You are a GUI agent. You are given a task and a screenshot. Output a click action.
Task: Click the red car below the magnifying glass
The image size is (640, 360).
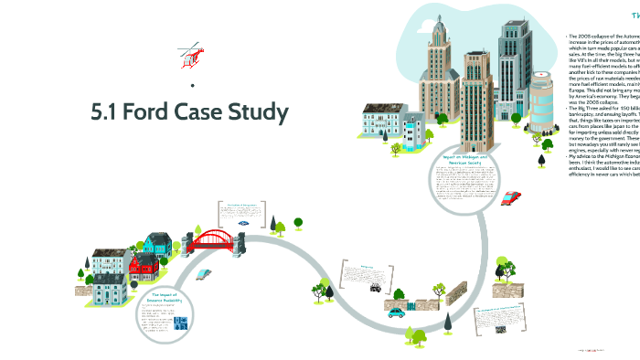(x=512, y=196)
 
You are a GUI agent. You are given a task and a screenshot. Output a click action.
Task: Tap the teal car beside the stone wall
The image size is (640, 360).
(x=396, y=312)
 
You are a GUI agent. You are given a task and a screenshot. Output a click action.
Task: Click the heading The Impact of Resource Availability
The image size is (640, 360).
(x=169, y=297)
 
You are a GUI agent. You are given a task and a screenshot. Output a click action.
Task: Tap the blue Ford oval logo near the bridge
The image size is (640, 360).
(x=243, y=222)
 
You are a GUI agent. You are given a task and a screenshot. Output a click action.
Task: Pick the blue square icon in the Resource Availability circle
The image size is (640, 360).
(x=181, y=323)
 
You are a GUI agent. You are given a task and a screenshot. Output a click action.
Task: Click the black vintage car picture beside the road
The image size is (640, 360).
(x=375, y=287)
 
